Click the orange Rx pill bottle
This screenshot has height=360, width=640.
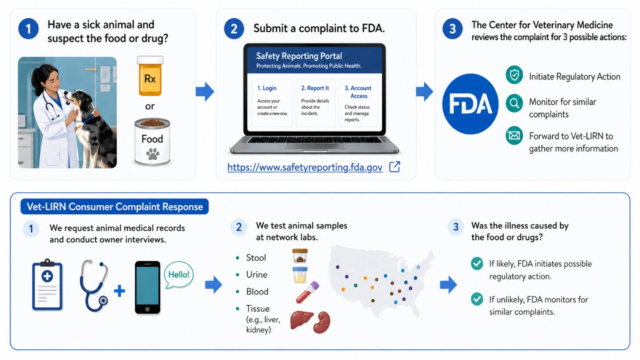[x=150, y=76]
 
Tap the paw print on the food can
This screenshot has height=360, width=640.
[x=153, y=154]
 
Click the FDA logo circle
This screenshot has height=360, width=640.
[x=470, y=104]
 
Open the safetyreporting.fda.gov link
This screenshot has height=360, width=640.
[x=305, y=167]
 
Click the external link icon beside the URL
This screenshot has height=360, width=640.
[x=395, y=167]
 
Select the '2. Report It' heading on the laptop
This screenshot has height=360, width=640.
[x=315, y=88]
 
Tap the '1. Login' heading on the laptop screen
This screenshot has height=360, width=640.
[x=267, y=88]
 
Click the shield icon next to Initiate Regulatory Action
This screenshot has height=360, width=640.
[x=514, y=75]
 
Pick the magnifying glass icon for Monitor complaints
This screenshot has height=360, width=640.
[x=514, y=103]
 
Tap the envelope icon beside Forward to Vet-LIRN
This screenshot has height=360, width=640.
[x=514, y=136]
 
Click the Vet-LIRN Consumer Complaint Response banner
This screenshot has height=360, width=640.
[x=115, y=207]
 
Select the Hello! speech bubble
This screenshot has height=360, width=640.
[x=179, y=275]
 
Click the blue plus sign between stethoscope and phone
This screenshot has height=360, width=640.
[x=119, y=291]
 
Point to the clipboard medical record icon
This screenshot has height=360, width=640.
[x=47, y=284]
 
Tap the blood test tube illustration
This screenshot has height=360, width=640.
[x=307, y=292]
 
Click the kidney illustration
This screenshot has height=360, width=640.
[x=322, y=322]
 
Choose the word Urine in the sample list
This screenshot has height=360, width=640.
[x=257, y=275]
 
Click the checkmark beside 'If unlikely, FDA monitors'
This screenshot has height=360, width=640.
[x=477, y=299]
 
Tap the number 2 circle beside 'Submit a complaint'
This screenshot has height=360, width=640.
[x=234, y=29]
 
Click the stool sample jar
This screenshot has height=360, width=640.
[x=300, y=256]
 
